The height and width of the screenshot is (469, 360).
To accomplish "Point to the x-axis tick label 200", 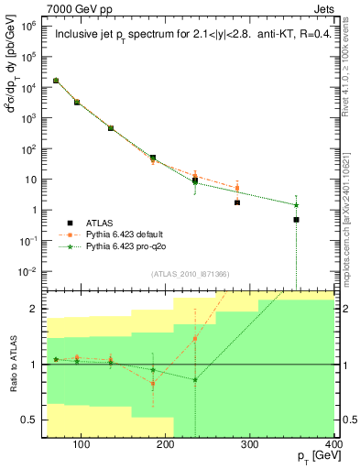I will [166, 445].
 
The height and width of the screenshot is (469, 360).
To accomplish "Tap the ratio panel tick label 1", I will [38, 365].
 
